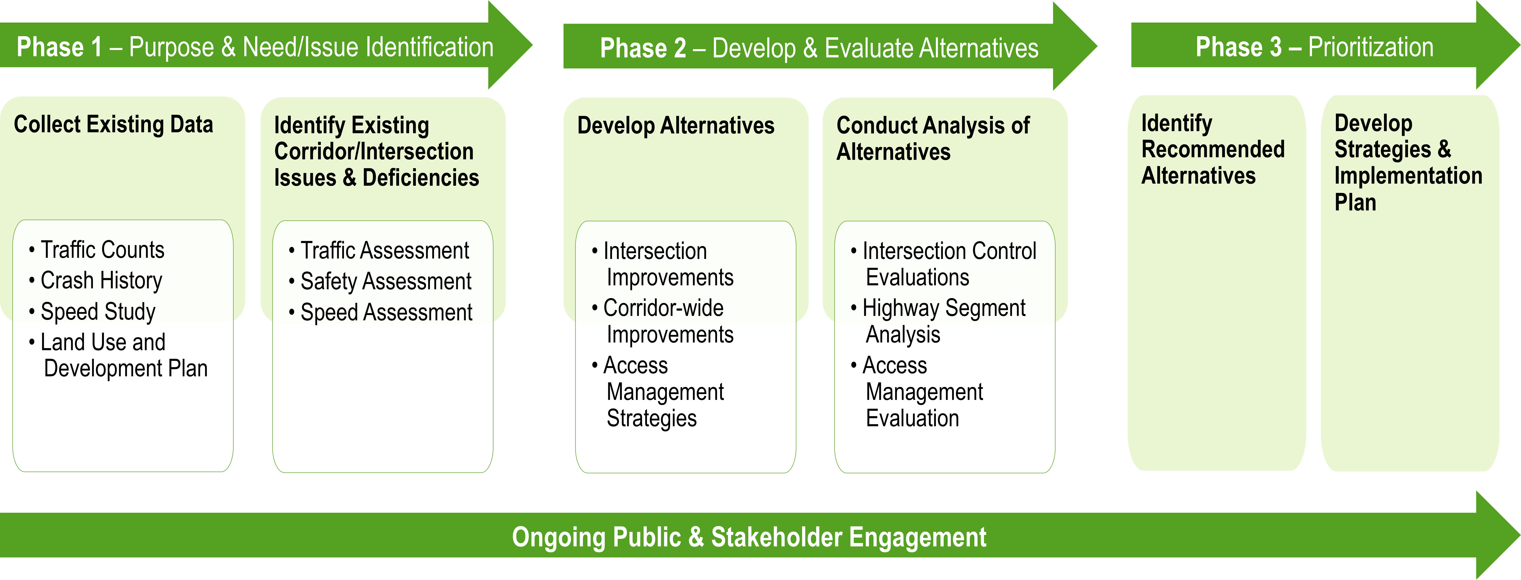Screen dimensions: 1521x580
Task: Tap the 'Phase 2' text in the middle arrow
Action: (643, 48)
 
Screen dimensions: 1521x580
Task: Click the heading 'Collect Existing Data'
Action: (113, 125)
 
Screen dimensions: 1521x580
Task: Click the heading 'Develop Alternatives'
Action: (676, 126)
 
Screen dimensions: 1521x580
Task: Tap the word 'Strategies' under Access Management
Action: (652, 418)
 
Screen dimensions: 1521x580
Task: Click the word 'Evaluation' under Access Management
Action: (912, 418)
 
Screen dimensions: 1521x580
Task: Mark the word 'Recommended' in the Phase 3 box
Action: (1213, 149)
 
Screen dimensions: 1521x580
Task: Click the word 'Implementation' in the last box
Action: (1408, 176)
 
